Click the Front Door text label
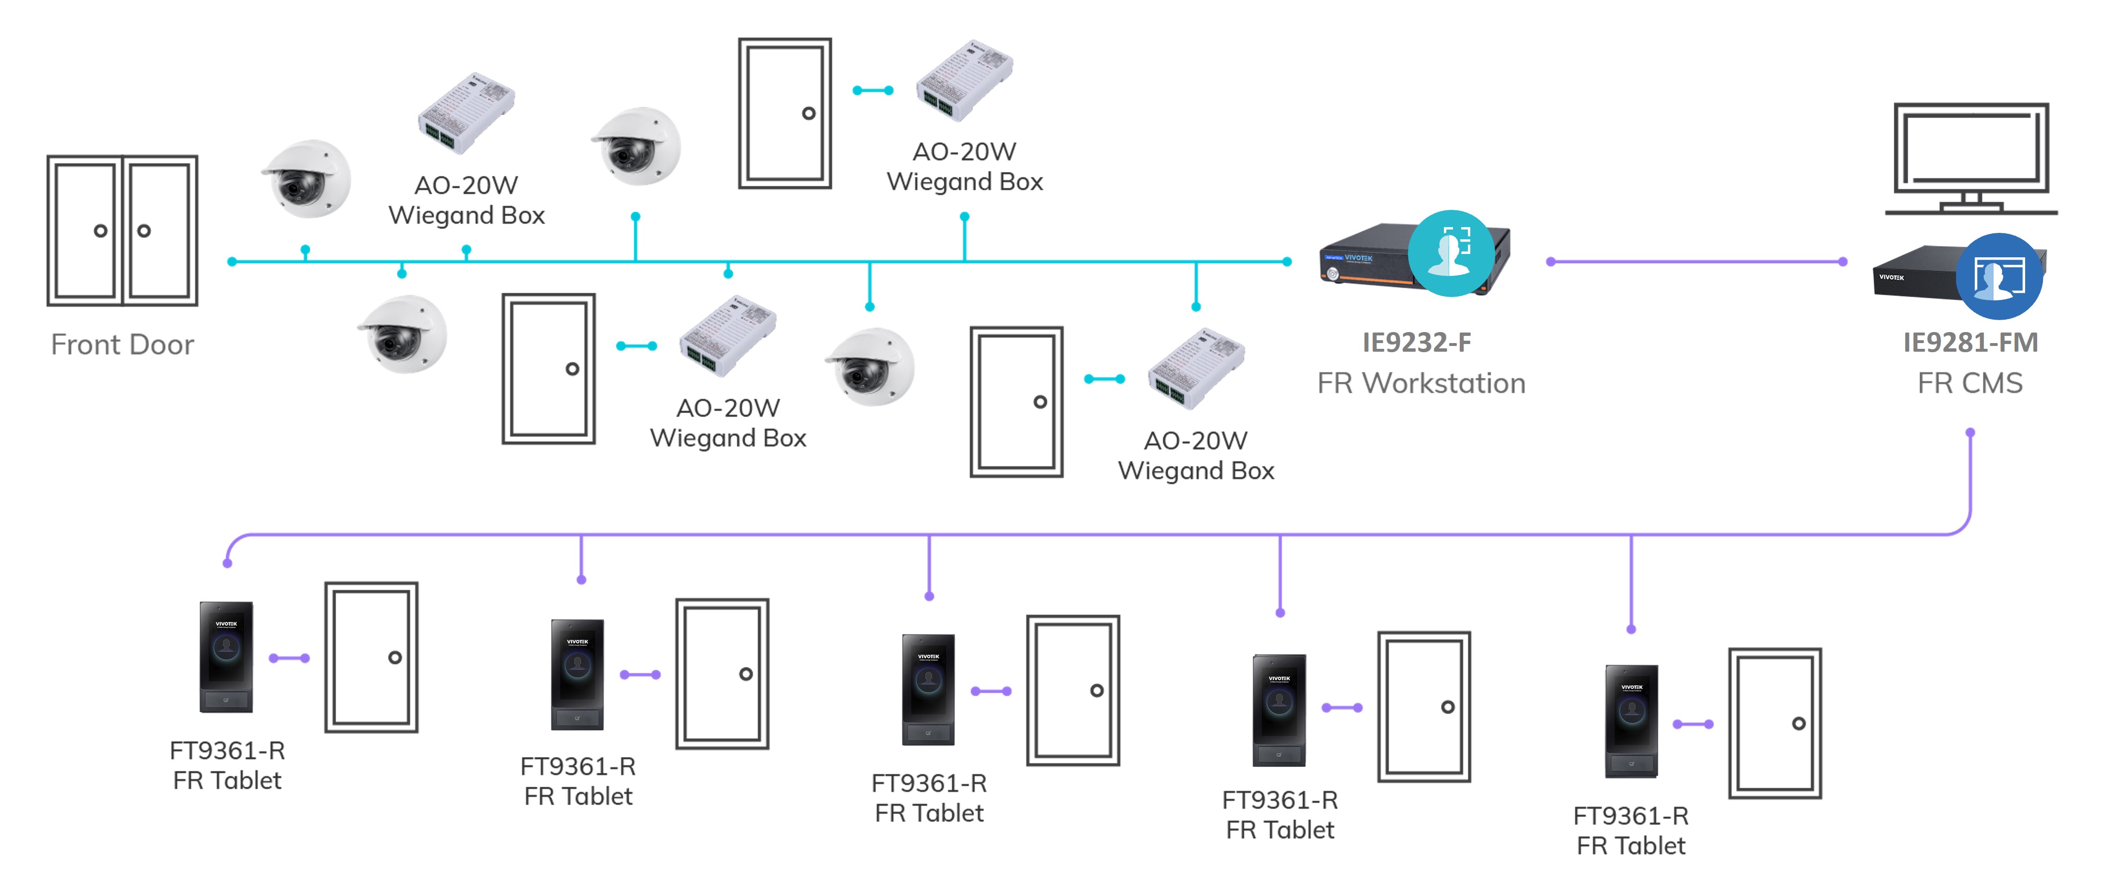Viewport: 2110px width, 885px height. coord(122,345)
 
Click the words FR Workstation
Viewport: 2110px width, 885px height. coord(1421,383)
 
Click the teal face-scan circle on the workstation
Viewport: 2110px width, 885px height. coord(1451,253)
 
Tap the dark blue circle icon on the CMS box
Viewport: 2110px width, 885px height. coord(1999,277)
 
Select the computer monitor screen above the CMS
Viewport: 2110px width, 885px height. coord(1971,148)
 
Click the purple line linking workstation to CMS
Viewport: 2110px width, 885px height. coord(1696,262)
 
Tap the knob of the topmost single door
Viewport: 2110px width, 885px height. coord(809,114)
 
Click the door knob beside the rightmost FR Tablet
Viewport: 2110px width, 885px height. coord(1799,724)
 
